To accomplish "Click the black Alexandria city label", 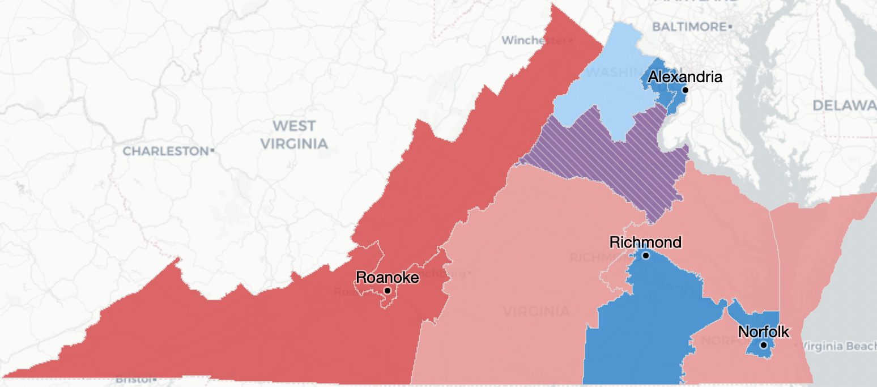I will tap(685, 76).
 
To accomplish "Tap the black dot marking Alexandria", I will tap(685, 90).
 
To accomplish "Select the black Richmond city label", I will tap(645, 243).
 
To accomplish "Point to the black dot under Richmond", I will tap(645, 256).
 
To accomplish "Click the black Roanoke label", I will tap(387, 278).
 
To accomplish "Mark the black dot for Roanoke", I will tap(388, 291).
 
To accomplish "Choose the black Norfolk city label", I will tap(763, 332).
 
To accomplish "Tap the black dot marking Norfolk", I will tap(764, 345).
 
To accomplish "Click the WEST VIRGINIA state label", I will tap(294, 134).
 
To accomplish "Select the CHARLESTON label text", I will tap(165, 151).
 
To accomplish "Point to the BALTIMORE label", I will tap(689, 27).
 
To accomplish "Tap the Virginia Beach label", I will tap(839, 346).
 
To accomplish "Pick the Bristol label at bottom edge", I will tap(133, 379).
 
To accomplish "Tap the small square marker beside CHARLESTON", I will tap(212, 151).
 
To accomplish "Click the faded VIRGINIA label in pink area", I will tap(536, 311).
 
